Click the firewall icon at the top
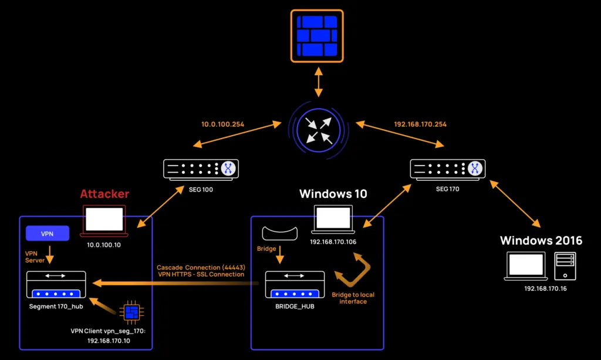[x=318, y=36]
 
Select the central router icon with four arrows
[x=318, y=129]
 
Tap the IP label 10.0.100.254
[x=224, y=125]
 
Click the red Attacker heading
[x=104, y=194]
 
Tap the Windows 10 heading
[x=333, y=194]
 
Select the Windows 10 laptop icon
[x=334, y=219]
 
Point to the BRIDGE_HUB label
[x=295, y=306]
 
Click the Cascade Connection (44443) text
[x=200, y=268]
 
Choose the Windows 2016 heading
[x=541, y=240]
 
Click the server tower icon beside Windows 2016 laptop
[x=565, y=266]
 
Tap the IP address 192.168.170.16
[x=545, y=289]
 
